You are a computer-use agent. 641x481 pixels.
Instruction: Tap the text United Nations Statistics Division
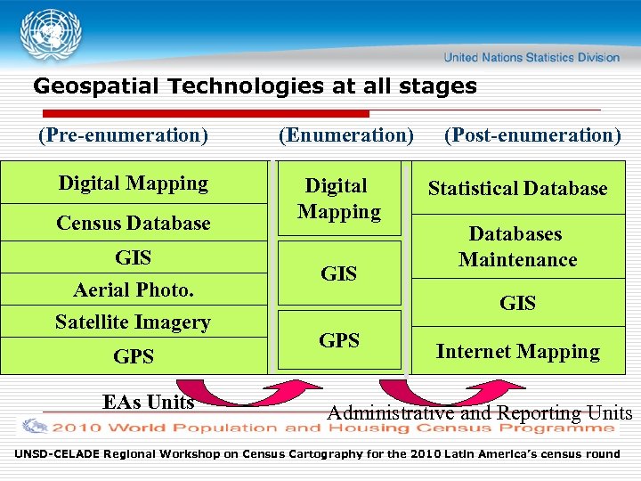click(x=531, y=57)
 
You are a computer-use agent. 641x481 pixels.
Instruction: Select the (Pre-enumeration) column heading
click(x=123, y=135)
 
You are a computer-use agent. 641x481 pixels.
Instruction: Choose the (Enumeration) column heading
click(x=345, y=135)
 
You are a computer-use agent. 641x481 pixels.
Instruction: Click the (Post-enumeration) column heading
click(x=532, y=135)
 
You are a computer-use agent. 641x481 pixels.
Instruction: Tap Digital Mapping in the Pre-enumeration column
click(x=134, y=183)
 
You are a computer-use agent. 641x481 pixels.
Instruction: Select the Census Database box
click(x=134, y=223)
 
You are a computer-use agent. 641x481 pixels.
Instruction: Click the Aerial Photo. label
click(x=134, y=289)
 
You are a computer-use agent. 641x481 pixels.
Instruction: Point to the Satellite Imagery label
click(x=134, y=322)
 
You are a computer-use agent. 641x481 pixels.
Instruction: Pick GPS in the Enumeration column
click(x=339, y=340)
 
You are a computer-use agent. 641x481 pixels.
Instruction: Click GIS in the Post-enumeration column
click(x=517, y=304)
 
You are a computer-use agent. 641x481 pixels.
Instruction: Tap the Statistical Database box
click(x=517, y=189)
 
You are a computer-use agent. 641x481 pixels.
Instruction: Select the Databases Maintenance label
click(x=517, y=247)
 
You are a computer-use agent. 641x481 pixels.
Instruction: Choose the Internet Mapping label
click(x=517, y=352)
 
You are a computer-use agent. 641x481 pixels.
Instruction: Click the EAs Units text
click(x=148, y=402)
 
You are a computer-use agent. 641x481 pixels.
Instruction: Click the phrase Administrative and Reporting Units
click(x=479, y=413)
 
